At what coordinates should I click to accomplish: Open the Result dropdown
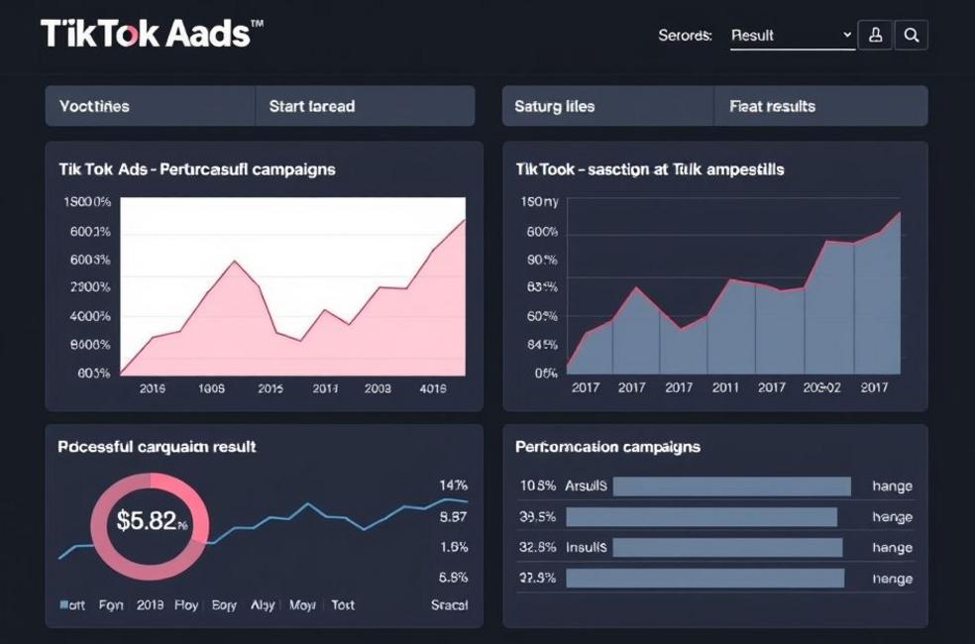pos(792,36)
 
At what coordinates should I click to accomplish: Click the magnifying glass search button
pos(912,36)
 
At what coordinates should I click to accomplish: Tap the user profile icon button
pos(875,36)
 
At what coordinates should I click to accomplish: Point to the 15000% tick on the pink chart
pos(86,202)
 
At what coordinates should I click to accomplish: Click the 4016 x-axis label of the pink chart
pos(433,389)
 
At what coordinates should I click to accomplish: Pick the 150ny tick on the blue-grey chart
pos(539,202)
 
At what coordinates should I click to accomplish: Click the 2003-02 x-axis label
pos(821,387)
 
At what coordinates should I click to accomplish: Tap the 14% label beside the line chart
pos(453,485)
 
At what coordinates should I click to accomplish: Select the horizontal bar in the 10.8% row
pos(731,486)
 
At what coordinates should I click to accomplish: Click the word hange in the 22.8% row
pos(892,579)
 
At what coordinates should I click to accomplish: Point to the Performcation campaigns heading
pos(607,447)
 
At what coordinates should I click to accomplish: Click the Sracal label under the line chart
pos(449,604)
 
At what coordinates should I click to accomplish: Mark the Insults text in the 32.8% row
pos(587,547)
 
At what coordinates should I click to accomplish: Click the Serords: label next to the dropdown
pos(685,36)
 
